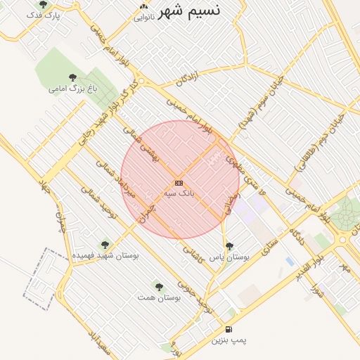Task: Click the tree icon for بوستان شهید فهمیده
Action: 105,245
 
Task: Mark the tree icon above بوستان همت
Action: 159,287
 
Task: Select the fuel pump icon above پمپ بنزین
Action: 229,329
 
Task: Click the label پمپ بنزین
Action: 229,340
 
